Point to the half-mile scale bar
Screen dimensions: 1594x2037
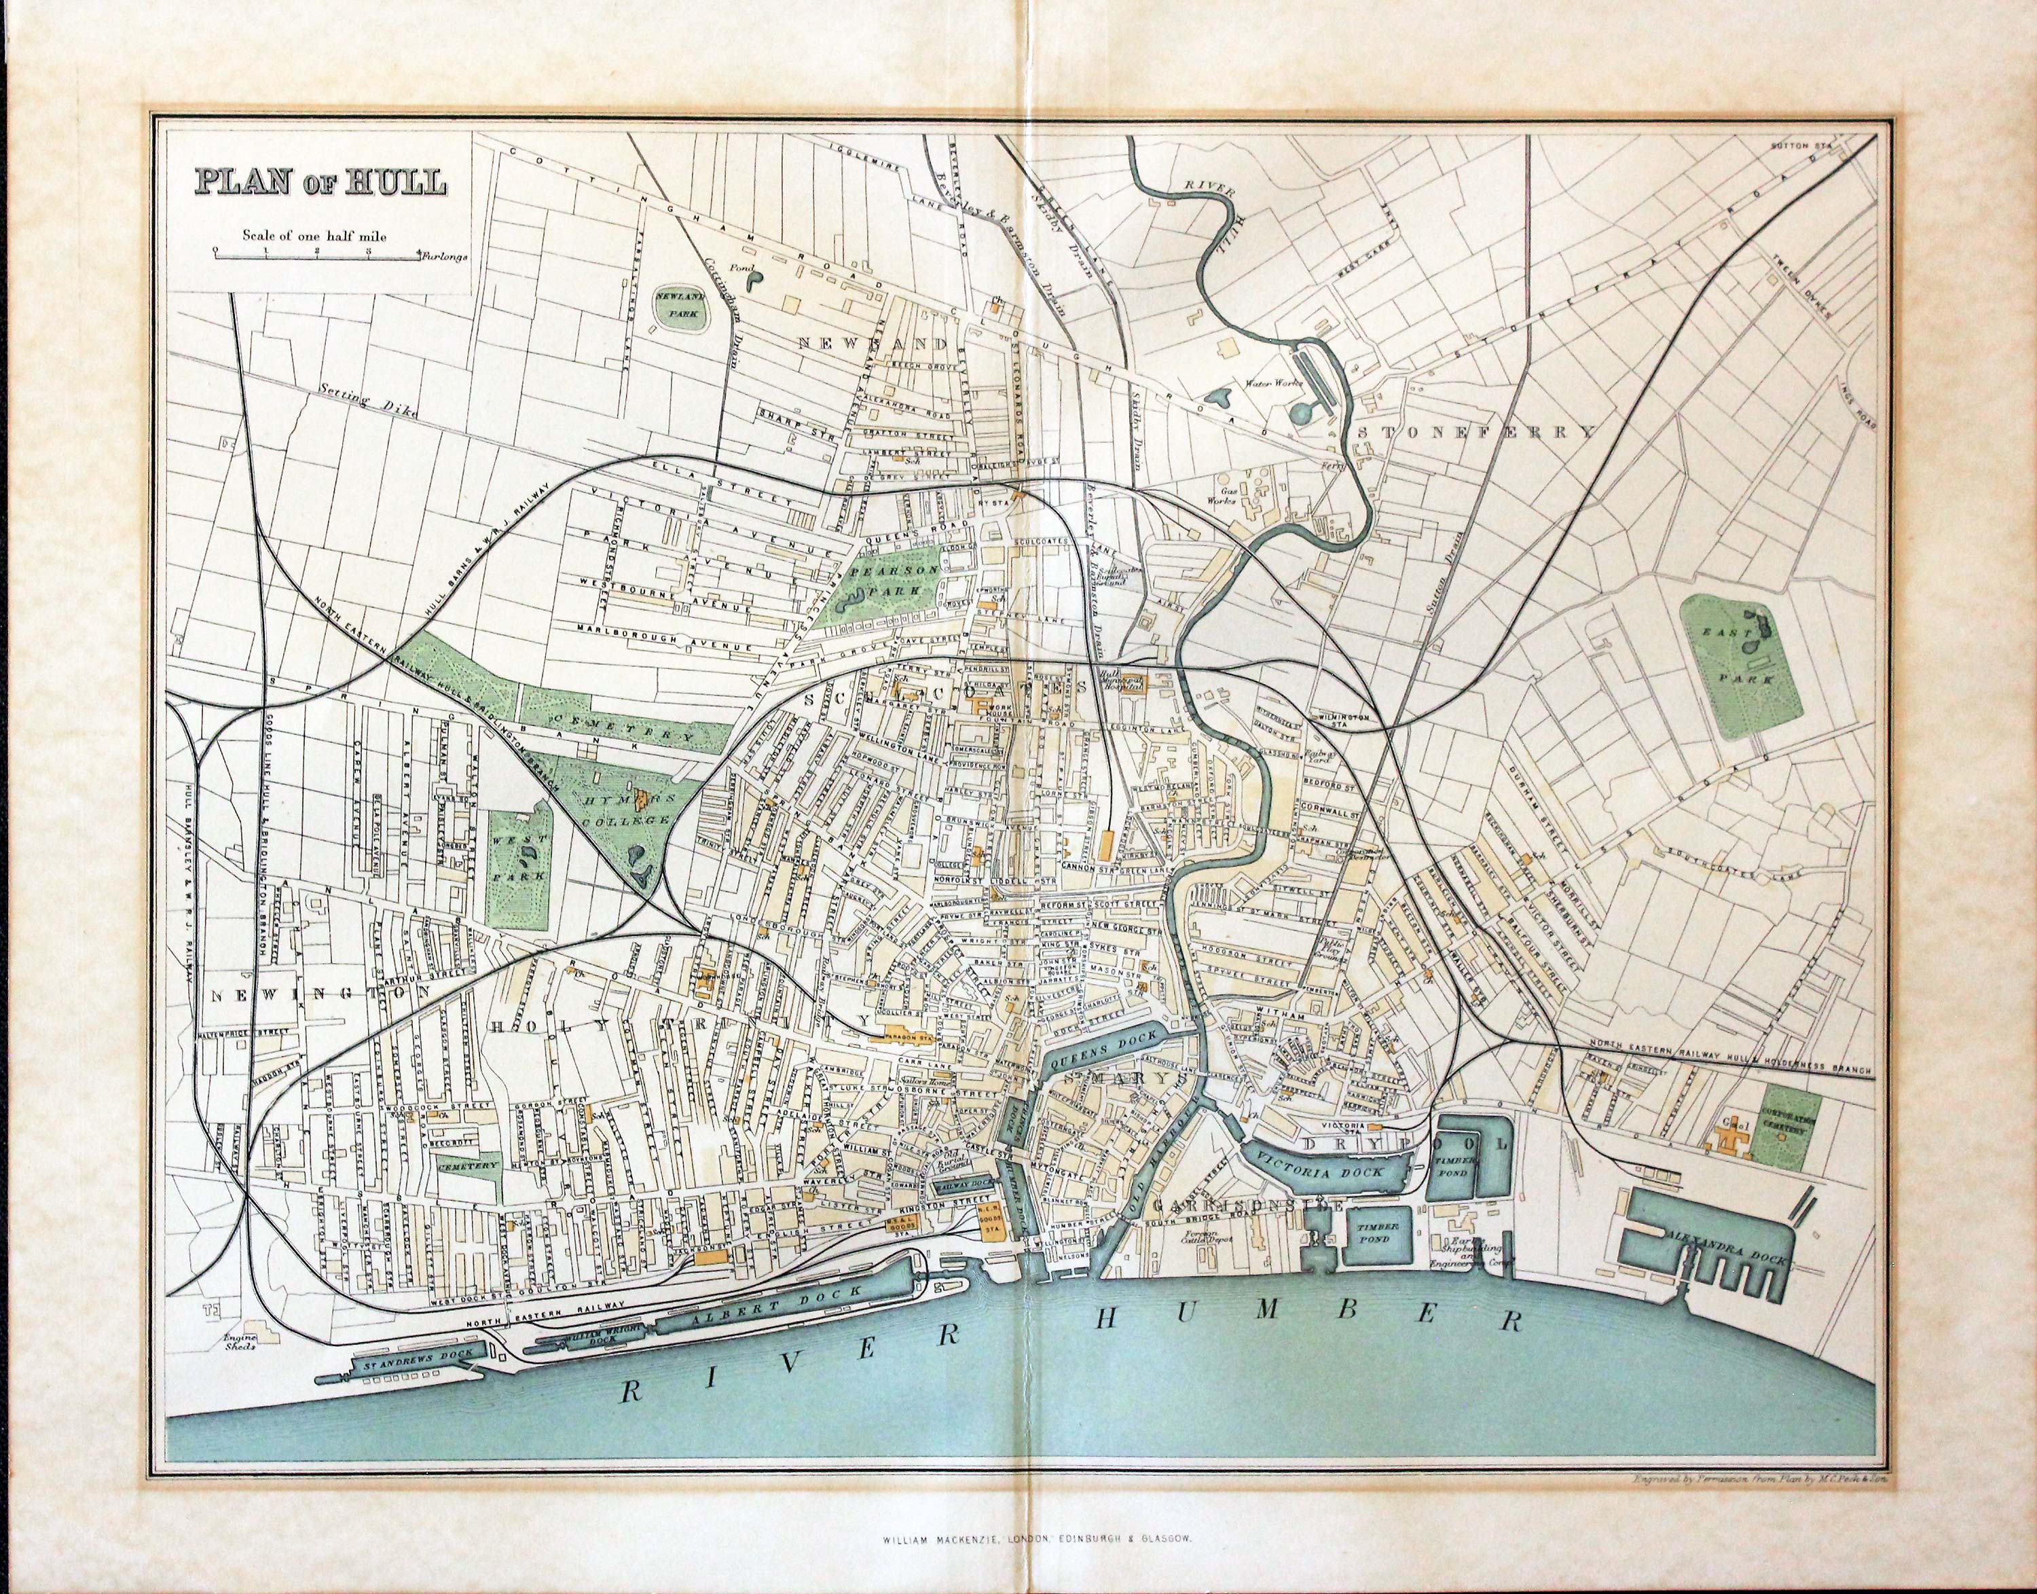315,253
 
